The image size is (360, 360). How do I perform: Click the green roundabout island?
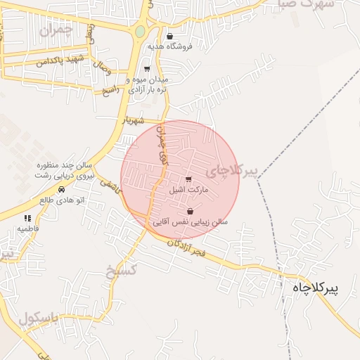pos(140,31)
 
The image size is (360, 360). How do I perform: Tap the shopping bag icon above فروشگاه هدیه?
pos(169,37)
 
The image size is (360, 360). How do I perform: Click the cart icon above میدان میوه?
pos(146,69)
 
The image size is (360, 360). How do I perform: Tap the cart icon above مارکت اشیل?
pos(188,179)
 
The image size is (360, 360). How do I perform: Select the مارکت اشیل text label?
pos(186,190)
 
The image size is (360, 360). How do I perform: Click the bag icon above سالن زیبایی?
pos(190,211)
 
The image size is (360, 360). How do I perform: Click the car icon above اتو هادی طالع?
pos(62,190)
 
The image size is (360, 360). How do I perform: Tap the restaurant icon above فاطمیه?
pos(28,219)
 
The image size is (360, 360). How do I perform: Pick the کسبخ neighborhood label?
pos(120,271)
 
